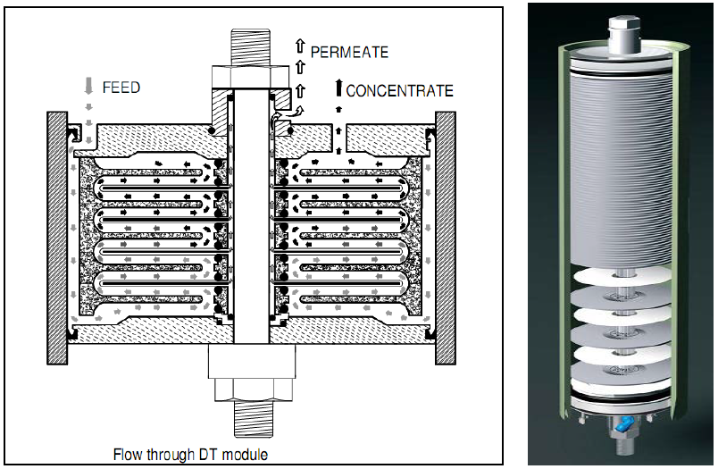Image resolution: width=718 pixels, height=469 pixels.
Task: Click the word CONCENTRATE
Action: [x=399, y=90]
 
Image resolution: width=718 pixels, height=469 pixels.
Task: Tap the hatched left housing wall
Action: [x=57, y=238]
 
